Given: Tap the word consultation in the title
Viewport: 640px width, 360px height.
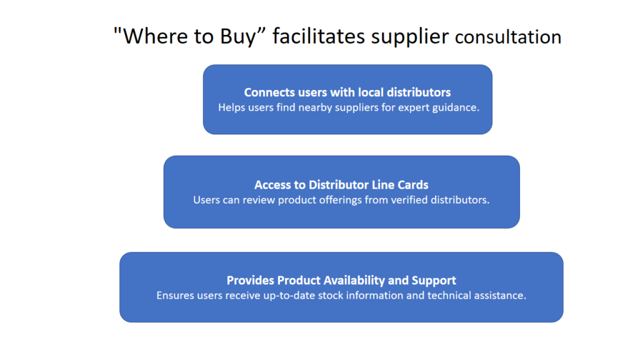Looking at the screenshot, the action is click(x=508, y=37).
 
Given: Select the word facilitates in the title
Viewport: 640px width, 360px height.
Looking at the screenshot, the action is click(x=319, y=36).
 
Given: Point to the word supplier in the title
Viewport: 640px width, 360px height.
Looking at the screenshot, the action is click(x=410, y=37).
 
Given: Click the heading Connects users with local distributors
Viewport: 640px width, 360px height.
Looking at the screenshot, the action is click(x=347, y=92).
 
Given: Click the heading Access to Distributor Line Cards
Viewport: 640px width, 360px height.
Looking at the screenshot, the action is click(x=341, y=185).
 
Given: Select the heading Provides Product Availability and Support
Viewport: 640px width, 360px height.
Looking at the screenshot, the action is click(x=341, y=281).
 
